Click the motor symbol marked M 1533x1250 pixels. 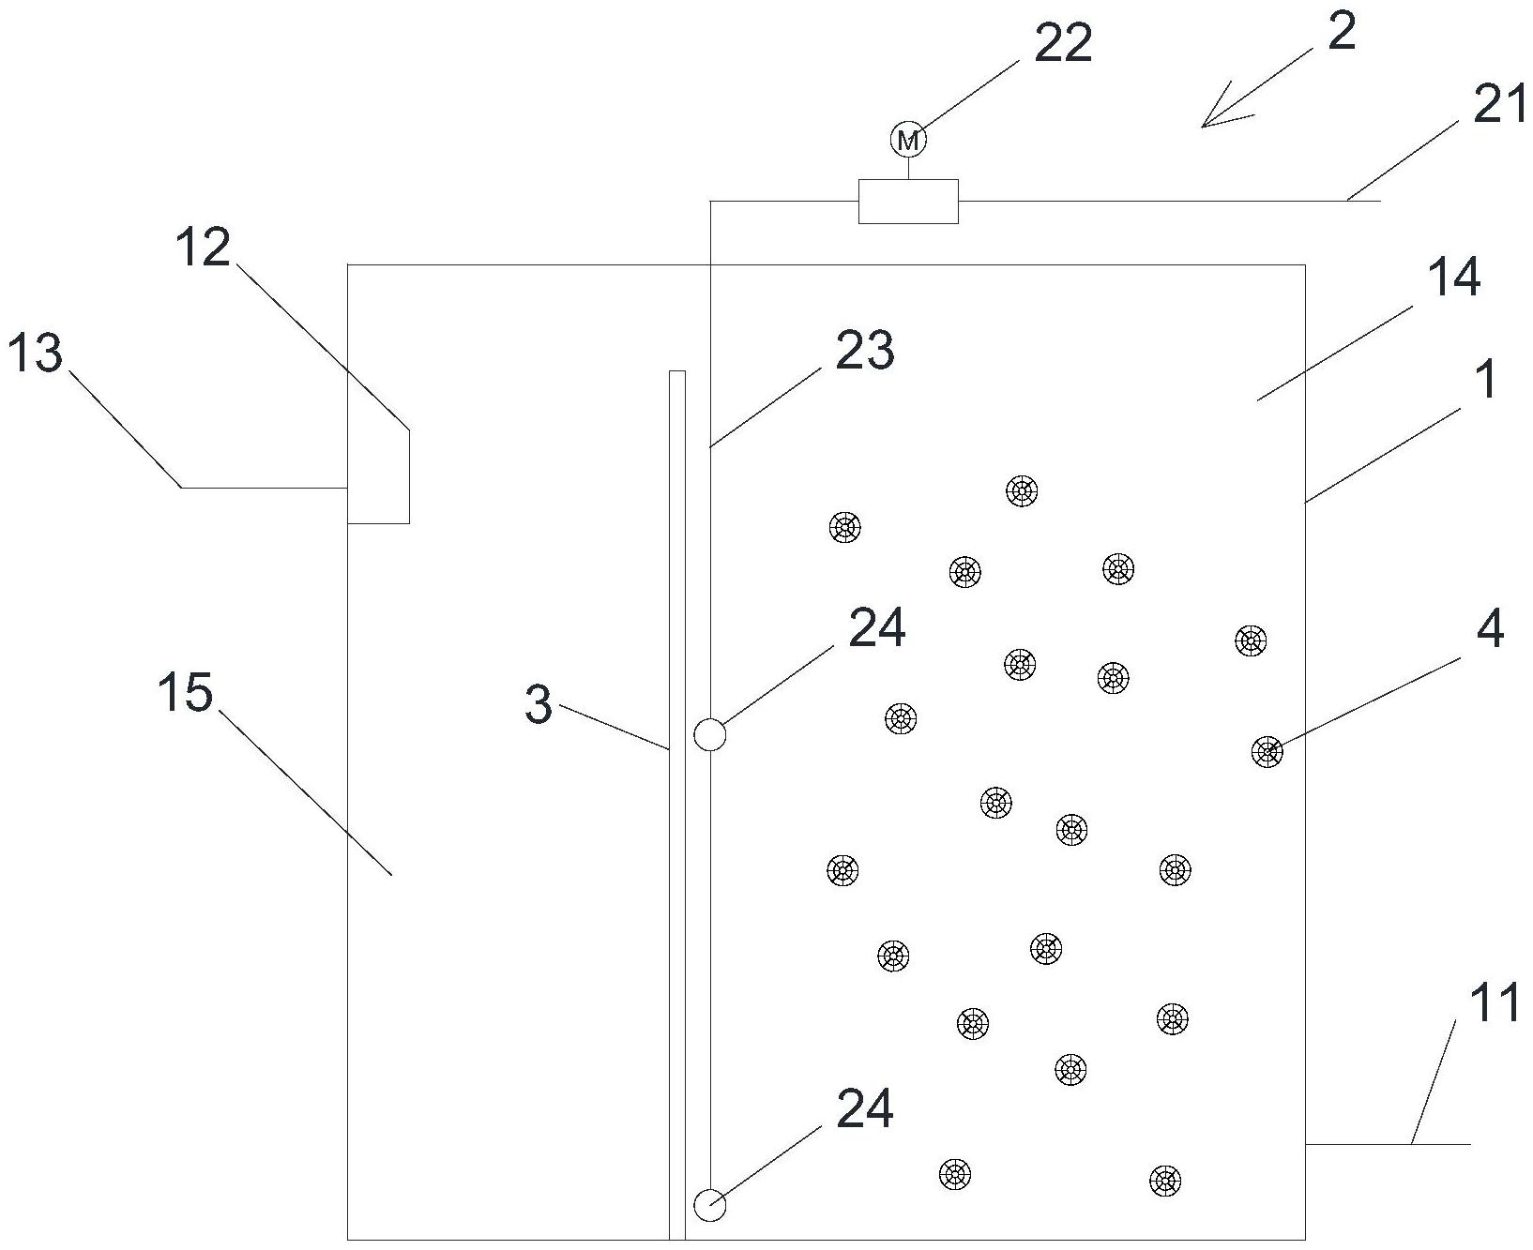[907, 141]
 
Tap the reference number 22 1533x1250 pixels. [1063, 43]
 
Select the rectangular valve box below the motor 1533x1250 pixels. [908, 201]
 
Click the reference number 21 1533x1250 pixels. [1500, 107]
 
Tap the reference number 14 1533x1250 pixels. [1453, 278]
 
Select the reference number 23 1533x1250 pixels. [864, 351]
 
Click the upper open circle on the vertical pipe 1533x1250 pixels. [710, 734]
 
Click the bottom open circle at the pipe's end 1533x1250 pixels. [710, 1204]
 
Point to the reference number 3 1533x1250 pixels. [539, 704]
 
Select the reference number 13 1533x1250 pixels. [35, 354]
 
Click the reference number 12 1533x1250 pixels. [202, 248]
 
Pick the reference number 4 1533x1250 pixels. [1490, 629]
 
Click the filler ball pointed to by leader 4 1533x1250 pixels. [1267, 751]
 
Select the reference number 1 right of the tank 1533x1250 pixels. [1485, 380]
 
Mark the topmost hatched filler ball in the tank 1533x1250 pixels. [1022, 490]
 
